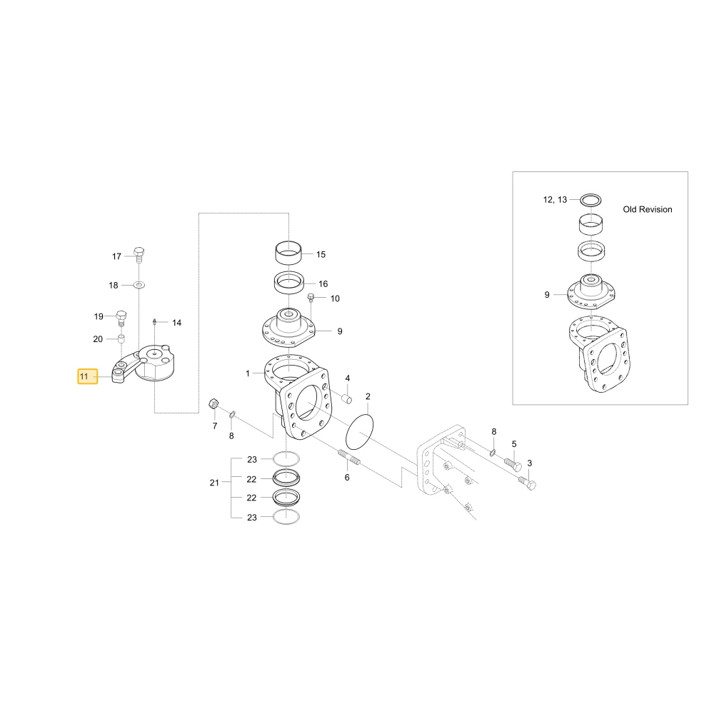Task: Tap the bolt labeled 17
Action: click(x=139, y=255)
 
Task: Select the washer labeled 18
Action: click(x=139, y=285)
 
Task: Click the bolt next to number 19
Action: click(x=121, y=318)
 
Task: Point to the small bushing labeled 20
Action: click(x=121, y=338)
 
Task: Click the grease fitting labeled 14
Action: click(x=155, y=322)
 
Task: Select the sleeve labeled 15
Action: click(x=288, y=252)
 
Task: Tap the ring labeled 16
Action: click(x=288, y=283)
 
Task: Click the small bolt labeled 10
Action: click(x=311, y=298)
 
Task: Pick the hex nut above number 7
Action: click(x=213, y=403)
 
